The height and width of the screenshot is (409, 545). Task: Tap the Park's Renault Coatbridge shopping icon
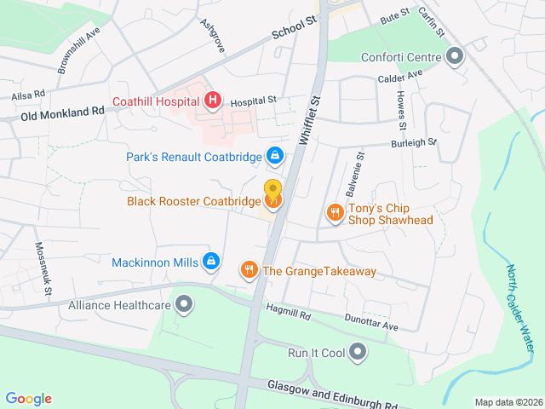point(274,155)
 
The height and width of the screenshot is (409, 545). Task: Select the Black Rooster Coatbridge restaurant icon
point(273,201)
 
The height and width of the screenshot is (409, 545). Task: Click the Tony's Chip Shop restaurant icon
point(336,212)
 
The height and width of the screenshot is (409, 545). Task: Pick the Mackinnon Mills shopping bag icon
point(212,262)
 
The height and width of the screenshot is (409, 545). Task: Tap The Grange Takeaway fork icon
point(249,270)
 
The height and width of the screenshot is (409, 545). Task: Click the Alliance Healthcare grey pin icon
point(183,303)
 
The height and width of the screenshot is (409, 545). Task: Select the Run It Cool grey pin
point(358,351)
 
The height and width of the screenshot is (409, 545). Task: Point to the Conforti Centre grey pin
point(455,58)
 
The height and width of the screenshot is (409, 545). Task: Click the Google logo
point(28,399)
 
